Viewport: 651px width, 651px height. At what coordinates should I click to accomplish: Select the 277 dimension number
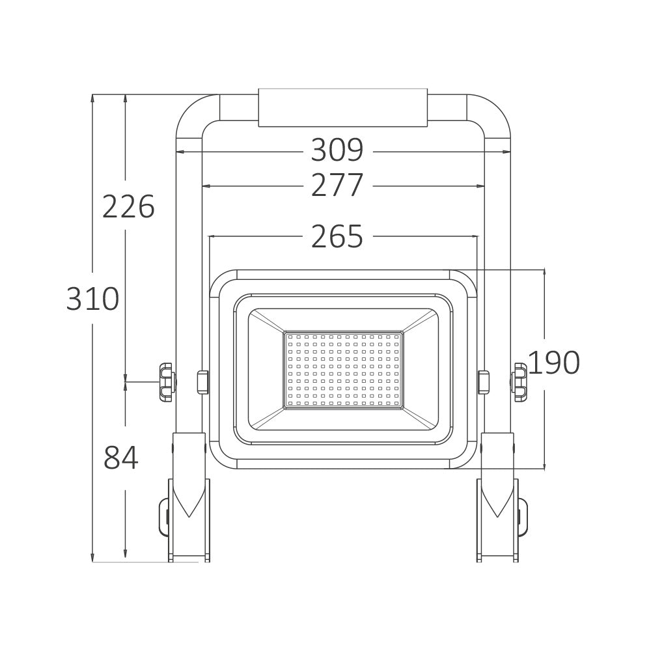(x=337, y=185)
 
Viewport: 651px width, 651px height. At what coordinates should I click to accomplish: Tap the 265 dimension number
(x=337, y=236)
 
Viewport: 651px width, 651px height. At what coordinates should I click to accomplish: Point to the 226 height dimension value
(x=128, y=206)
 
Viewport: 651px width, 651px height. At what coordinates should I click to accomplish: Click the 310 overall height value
(x=92, y=299)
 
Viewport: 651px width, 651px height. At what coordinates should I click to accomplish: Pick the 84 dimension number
(x=121, y=457)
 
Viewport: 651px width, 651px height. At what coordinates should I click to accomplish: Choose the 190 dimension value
(x=554, y=363)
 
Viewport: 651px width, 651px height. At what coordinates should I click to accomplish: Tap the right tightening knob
(x=519, y=382)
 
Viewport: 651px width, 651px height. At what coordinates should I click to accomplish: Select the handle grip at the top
(x=343, y=107)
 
